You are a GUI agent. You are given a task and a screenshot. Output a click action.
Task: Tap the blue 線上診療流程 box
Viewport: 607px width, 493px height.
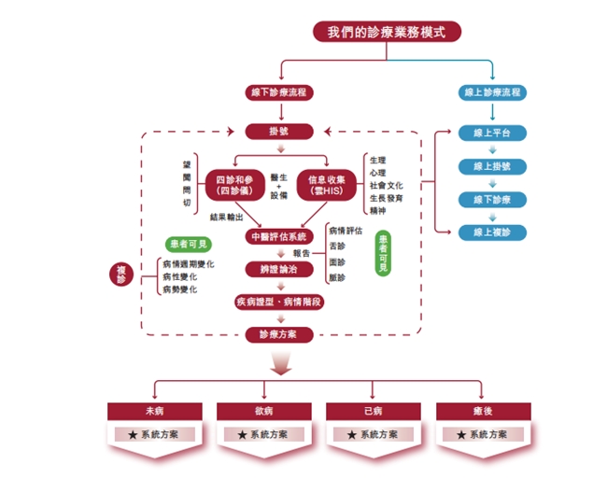tap(492, 93)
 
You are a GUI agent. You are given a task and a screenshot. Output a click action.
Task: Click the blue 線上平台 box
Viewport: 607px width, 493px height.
tap(492, 133)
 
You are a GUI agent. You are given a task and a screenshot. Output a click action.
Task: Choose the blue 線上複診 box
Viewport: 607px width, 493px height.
tap(492, 232)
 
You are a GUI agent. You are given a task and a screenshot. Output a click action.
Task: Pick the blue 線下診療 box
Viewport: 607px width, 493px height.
tap(492, 199)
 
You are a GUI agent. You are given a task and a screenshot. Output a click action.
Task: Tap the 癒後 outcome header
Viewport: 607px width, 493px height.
tap(482, 411)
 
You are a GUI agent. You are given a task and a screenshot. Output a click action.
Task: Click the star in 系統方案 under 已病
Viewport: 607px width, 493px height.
tap(352, 435)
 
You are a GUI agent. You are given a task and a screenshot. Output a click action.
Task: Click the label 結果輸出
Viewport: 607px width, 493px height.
tap(227, 217)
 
